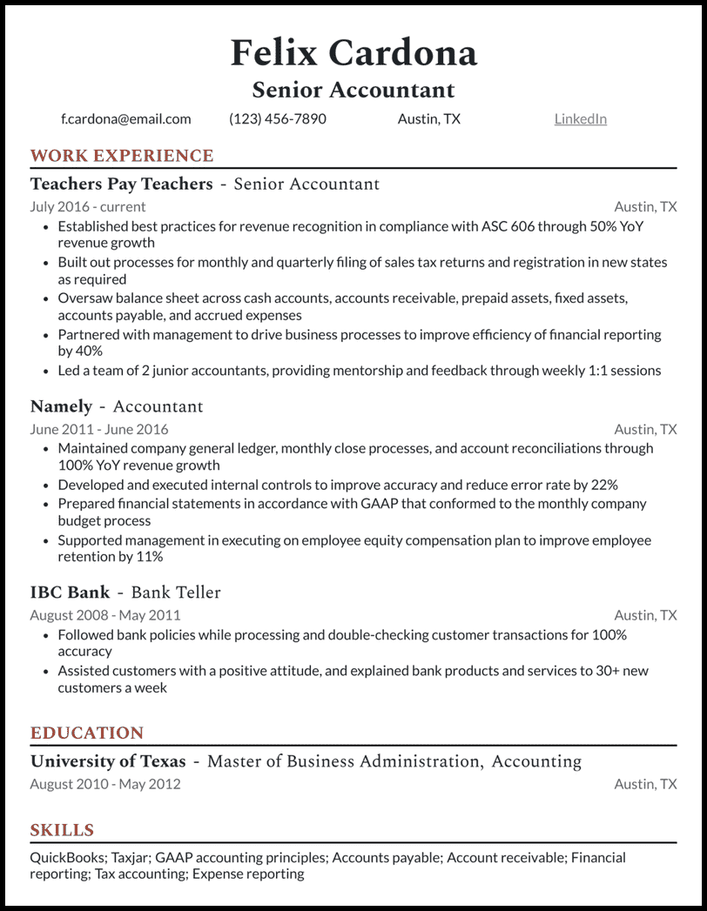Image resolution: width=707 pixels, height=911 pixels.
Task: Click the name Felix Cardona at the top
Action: click(x=353, y=53)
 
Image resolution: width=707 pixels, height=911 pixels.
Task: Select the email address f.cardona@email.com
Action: click(x=126, y=119)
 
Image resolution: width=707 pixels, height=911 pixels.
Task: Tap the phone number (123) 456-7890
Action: click(x=278, y=119)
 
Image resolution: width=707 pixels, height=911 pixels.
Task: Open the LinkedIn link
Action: click(x=580, y=119)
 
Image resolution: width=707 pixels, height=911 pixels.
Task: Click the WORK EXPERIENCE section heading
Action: click(x=122, y=157)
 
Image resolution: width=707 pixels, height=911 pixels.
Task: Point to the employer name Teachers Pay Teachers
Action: click(x=122, y=184)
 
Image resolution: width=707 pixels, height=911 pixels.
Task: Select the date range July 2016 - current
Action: click(x=88, y=207)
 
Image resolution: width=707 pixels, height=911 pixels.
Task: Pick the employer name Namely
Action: click(x=61, y=406)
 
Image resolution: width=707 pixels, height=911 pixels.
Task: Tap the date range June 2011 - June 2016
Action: click(x=99, y=430)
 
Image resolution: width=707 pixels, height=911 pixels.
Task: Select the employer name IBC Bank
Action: click(x=71, y=593)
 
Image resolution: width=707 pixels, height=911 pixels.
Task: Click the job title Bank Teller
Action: click(x=176, y=593)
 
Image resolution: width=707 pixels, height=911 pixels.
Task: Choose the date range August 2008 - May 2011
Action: click(x=105, y=615)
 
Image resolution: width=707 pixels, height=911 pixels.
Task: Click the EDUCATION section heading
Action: click(x=87, y=733)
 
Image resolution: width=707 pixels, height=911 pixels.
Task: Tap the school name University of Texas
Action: click(x=109, y=762)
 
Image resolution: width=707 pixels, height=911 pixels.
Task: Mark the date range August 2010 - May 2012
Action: click(x=105, y=784)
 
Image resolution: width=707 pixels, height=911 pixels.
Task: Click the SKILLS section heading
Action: click(x=62, y=830)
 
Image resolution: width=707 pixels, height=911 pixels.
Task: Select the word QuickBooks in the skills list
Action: click(x=66, y=858)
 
